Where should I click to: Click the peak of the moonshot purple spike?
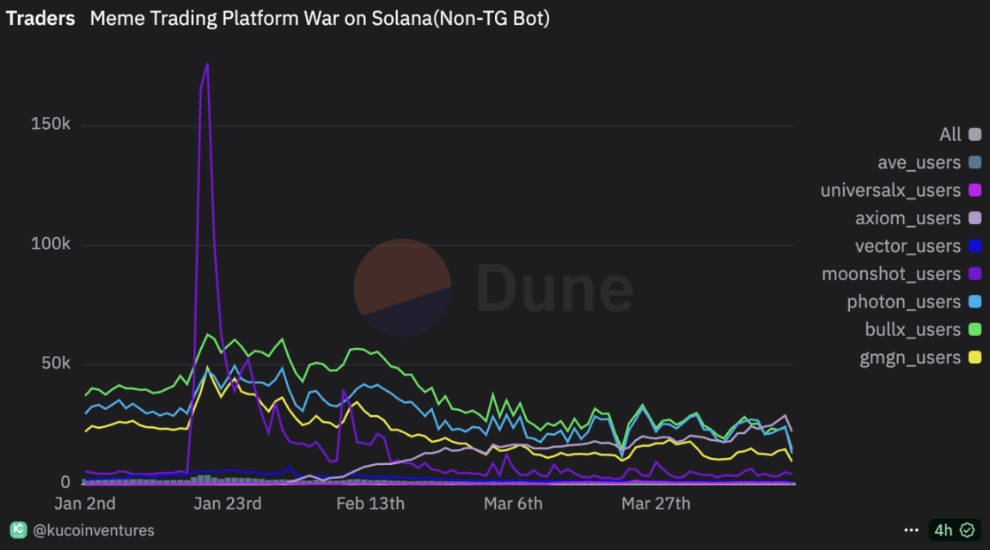[207, 64]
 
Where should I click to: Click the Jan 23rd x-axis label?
[228, 504]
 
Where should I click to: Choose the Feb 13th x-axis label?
[370, 504]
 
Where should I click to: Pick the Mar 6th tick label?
[513, 504]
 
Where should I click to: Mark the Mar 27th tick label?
[656, 504]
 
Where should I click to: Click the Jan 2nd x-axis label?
[85, 504]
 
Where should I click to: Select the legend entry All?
[950, 134]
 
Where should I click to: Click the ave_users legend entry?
[919, 162]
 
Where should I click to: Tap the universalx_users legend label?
[890, 190]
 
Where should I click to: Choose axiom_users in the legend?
[907, 218]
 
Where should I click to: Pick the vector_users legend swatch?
[975, 246]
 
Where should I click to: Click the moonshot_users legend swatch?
[975, 274]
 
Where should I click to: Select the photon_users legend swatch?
[975, 302]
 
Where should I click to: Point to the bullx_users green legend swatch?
[975, 330]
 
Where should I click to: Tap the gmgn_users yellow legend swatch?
[975, 357]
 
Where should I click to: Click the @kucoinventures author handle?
[94, 530]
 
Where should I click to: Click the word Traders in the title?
[40, 18]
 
